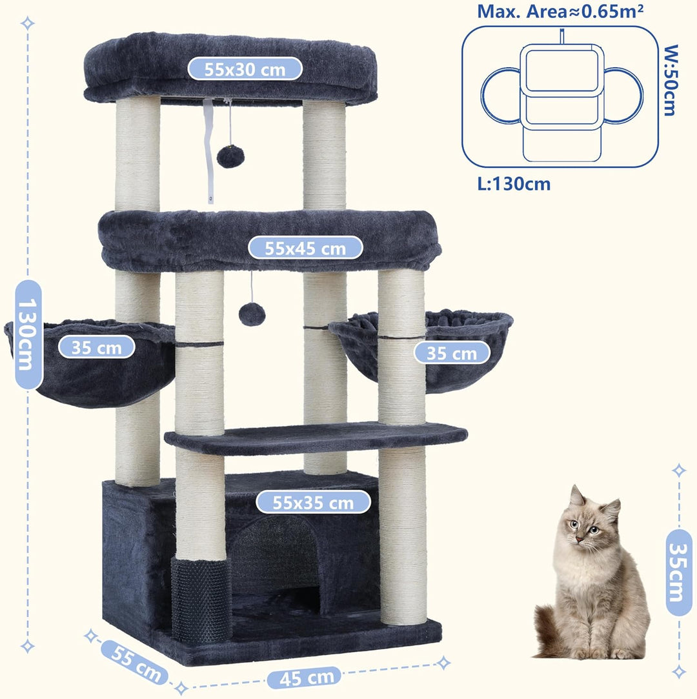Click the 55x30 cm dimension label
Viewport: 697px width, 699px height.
click(245, 69)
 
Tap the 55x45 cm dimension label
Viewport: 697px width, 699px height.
click(305, 248)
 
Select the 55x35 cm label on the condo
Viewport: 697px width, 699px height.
click(313, 502)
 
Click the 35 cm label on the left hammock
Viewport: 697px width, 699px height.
click(96, 347)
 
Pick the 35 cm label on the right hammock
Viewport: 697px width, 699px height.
click(452, 353)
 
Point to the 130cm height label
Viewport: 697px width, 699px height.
click(28, 334)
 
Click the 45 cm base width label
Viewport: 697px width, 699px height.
click(307, 678)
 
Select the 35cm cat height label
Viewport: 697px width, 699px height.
click(679, 572)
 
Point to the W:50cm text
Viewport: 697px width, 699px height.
click(671, 80)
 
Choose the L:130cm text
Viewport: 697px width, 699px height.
click(514, 184)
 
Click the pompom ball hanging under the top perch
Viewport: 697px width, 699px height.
click(230, 156)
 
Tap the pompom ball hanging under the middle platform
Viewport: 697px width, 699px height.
click(252, 314)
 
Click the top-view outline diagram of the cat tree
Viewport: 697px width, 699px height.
click(561, 97)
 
